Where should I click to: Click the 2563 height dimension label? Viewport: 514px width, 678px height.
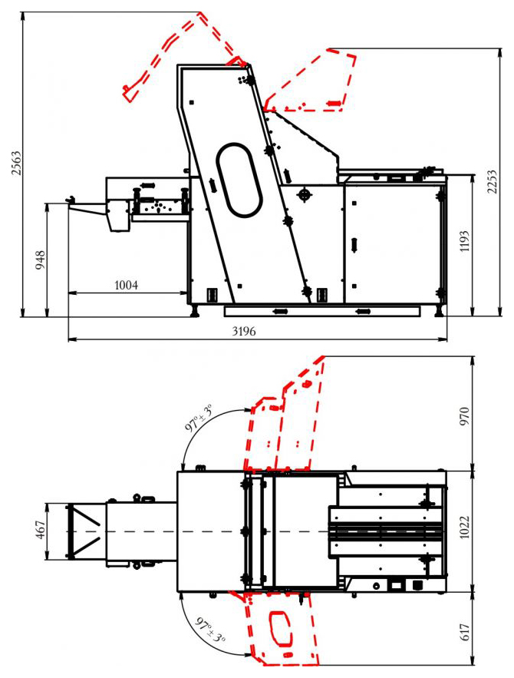coord(15,163)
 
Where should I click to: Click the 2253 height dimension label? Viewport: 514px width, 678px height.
coord(492,182)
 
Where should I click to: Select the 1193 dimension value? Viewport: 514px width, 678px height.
coord(464,242)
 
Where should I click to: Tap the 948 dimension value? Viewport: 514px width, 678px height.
coord(40,260)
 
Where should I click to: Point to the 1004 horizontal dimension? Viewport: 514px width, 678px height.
coord(126,285)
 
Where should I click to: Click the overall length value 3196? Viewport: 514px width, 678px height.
coord(244,331)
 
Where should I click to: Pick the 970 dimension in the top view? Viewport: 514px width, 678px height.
coord(464,416)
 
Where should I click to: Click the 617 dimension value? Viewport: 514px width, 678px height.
coord(464,632)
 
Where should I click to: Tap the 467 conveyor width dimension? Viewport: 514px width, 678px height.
coord(40,530)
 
